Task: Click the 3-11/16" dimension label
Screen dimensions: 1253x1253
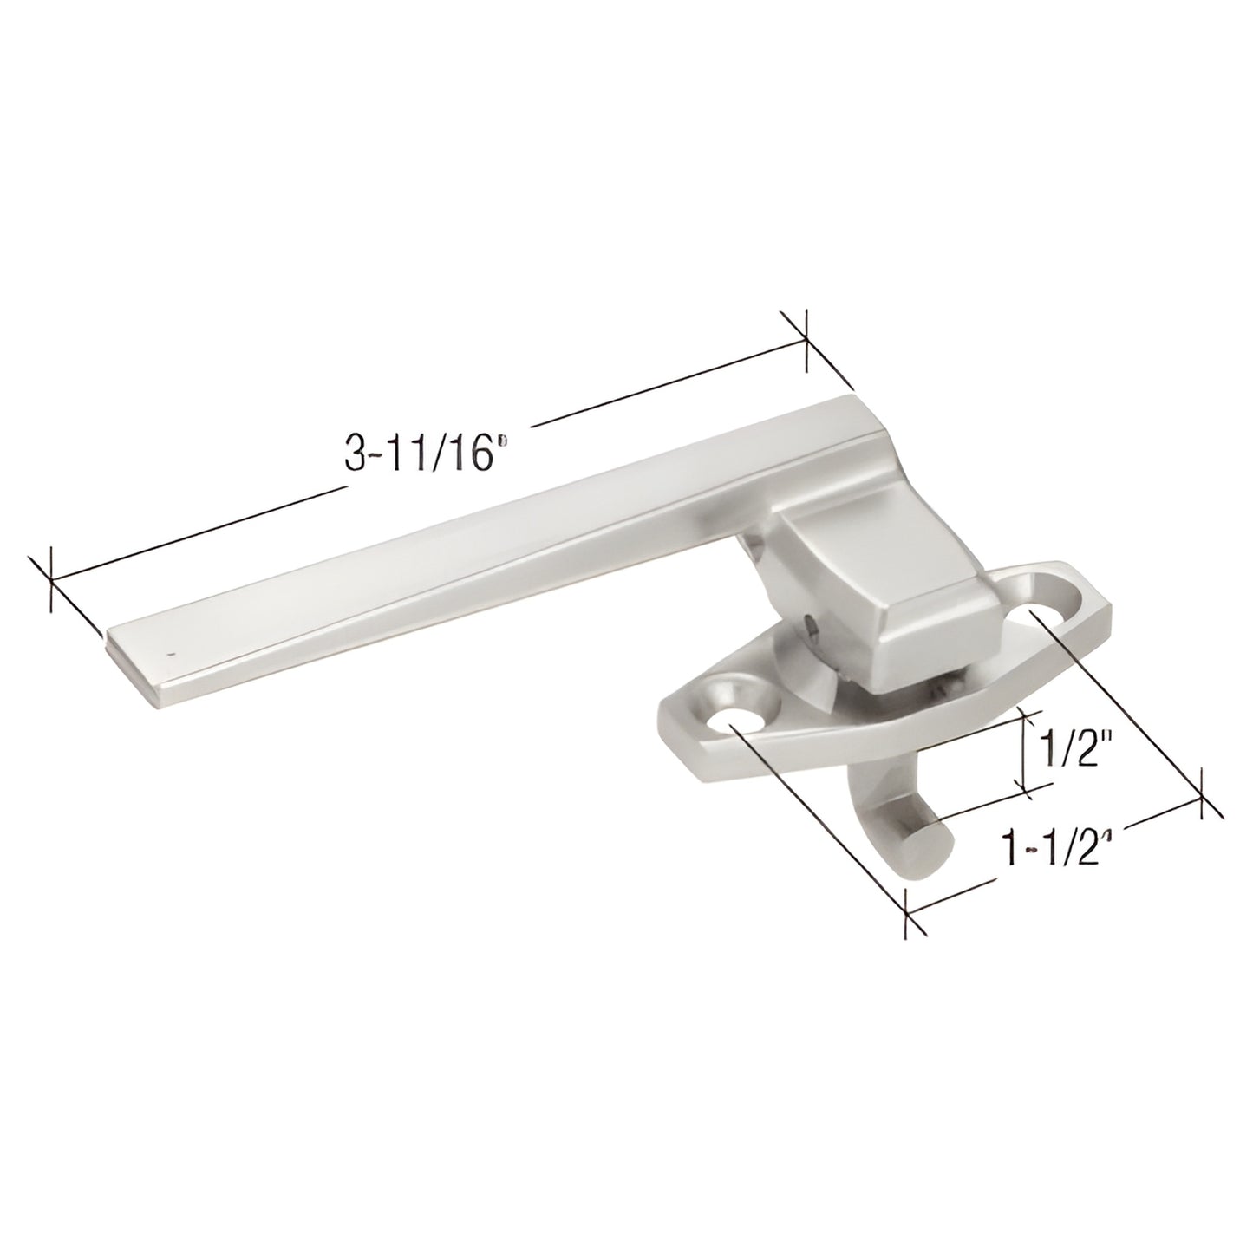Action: pos(425,454)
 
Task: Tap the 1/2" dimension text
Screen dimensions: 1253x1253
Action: pos(1065,744)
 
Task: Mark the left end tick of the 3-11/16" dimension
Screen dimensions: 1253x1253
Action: pos(52,578)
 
